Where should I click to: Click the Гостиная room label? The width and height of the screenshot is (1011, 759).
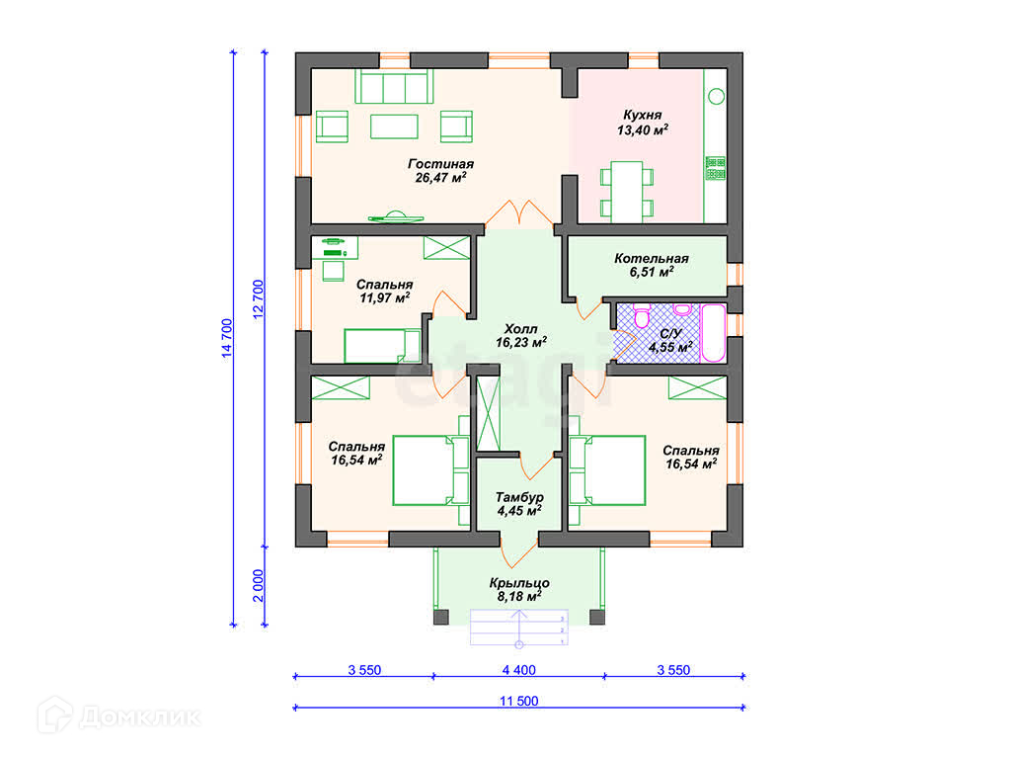pyautogui.click(x=441, y=171)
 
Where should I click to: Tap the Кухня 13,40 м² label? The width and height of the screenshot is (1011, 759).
pyautogui.click(x=642, y=123)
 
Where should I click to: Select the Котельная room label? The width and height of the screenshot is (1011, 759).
pyautogui.click(x=652, y=265)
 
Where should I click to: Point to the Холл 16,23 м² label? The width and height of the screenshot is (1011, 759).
pyautogui.click(x=521, y=336)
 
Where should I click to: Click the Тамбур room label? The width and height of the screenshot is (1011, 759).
pyautogui.click(x=519, y=504)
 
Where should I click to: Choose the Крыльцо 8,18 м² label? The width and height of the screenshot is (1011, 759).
pyautogui.click(x=519, y=590)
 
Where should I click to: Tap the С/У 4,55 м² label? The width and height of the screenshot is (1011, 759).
pyautogui.click(x=670, y=341)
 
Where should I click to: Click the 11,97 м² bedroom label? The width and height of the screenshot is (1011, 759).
pyautogui.click(x=385, y=292)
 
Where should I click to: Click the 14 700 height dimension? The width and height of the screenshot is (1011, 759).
pyautogui.click(x=226, y=338)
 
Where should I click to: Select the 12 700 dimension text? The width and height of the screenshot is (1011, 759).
pyautogui.click(x=258, y=299)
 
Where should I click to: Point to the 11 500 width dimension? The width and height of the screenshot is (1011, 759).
pyautogui.click(x=519, y=701)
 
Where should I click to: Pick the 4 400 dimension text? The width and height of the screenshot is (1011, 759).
pyautogui.click(x=519, y=670)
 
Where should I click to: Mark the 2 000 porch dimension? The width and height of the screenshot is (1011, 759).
pyautogui.click(x=258, y=585)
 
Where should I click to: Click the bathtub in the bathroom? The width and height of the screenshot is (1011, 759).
pyautogui.click(x=713, y=333)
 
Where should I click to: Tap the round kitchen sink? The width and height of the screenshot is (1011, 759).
pyautogui.click(x=717, y=96)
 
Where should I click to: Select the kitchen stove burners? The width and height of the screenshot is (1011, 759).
pyautogui.click(x=715, y=168)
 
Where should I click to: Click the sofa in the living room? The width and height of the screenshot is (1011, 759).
pyautogui.click(x=394, y=87)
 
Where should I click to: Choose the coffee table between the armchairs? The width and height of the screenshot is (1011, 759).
pyautogui.click(x=394, y=126)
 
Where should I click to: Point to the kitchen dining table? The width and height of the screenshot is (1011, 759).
pyautogui.click(x=627, y=192)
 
